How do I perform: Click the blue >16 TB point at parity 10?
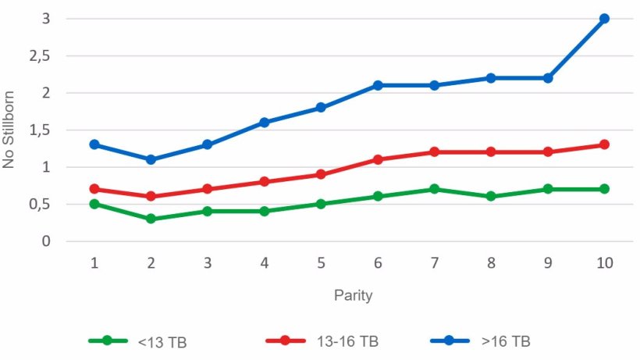(x=604, y=19)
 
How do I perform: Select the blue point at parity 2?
(x=151, y=159)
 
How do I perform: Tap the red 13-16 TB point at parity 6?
(x=378, y=159)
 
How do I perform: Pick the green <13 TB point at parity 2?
(x=151, y=219)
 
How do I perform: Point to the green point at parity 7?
(x=434, y=189)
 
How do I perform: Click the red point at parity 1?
(x=94, y=189)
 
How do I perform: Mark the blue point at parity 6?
(x=378, y=85)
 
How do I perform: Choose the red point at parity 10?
(x=604, y=144)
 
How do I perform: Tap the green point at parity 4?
(x=265, y=211)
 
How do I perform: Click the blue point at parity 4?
(x=265, y=122)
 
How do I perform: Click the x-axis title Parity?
(x=353, y=296)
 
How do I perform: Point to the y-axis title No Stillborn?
(x=11, y=130)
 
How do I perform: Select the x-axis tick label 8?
(x=491, y=263)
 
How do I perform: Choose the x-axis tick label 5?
(x=321, y=263)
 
